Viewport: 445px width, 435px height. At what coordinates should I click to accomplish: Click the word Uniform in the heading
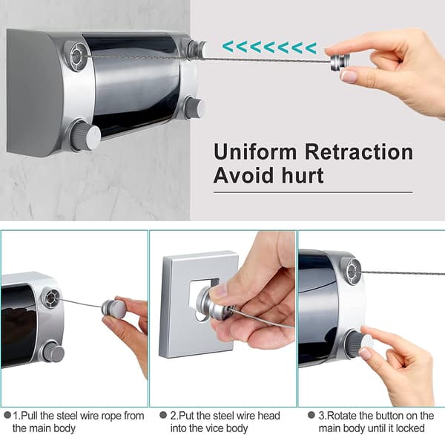255,152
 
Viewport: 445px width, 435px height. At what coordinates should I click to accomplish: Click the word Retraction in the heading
359,152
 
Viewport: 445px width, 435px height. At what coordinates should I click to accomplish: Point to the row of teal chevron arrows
269,48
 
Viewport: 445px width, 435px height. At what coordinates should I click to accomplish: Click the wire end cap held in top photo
337,63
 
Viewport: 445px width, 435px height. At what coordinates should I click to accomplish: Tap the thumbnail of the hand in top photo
349,76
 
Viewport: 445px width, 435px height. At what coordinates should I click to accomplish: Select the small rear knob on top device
194,108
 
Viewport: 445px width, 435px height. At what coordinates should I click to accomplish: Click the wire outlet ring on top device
76,57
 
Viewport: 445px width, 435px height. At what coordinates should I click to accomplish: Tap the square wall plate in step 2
199,305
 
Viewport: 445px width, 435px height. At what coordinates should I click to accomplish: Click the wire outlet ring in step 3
352,272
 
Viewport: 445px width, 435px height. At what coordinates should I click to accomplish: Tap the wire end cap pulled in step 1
113,308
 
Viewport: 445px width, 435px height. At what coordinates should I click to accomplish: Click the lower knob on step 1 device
53,353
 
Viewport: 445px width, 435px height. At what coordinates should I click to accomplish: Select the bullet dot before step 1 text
7,415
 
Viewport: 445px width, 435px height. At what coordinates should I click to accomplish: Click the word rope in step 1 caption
110,416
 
